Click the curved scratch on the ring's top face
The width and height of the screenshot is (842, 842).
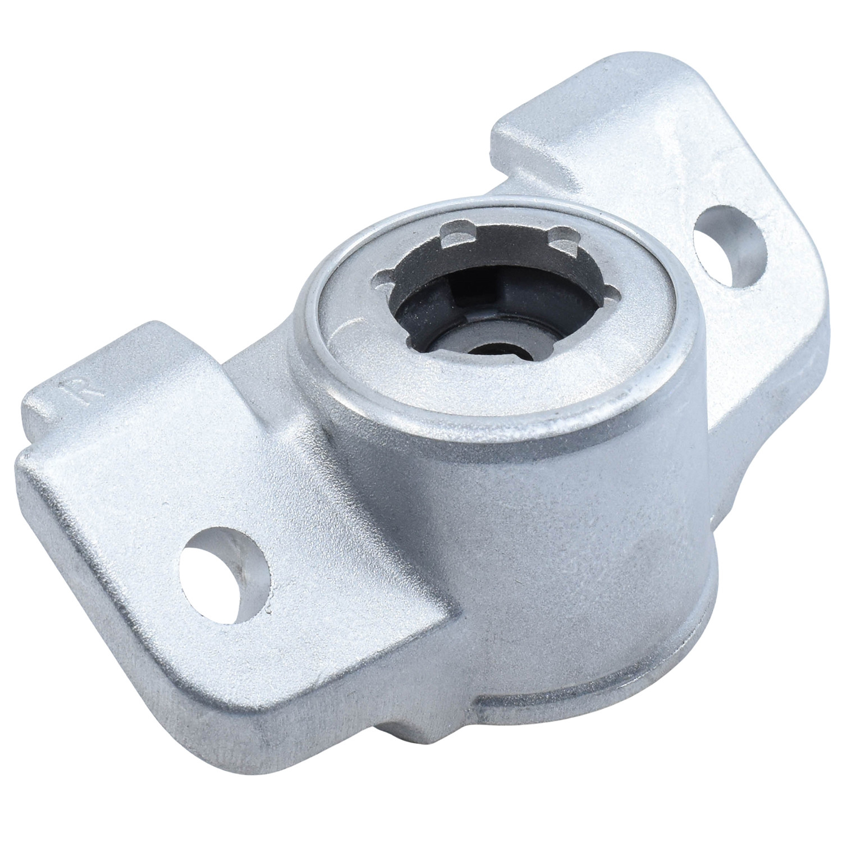347,331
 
